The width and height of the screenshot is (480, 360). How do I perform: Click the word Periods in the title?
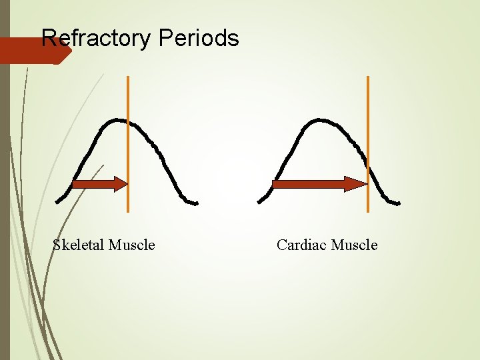(199, 38)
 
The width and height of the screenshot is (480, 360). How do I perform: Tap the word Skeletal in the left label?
(78, 245)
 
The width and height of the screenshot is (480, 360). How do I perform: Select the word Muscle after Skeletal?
(131, 245)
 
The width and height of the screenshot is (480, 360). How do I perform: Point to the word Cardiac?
(301, 245)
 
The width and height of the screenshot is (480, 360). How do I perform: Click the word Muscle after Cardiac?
(354, 245)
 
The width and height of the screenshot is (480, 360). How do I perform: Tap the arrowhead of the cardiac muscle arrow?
(356, 184)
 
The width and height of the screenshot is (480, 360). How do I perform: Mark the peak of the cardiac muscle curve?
(321, 120)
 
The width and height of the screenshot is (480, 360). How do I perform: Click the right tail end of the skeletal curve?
(195, 203)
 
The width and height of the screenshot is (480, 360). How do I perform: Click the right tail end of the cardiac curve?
(398, 203)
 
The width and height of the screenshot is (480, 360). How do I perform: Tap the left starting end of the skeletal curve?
(58, 201)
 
